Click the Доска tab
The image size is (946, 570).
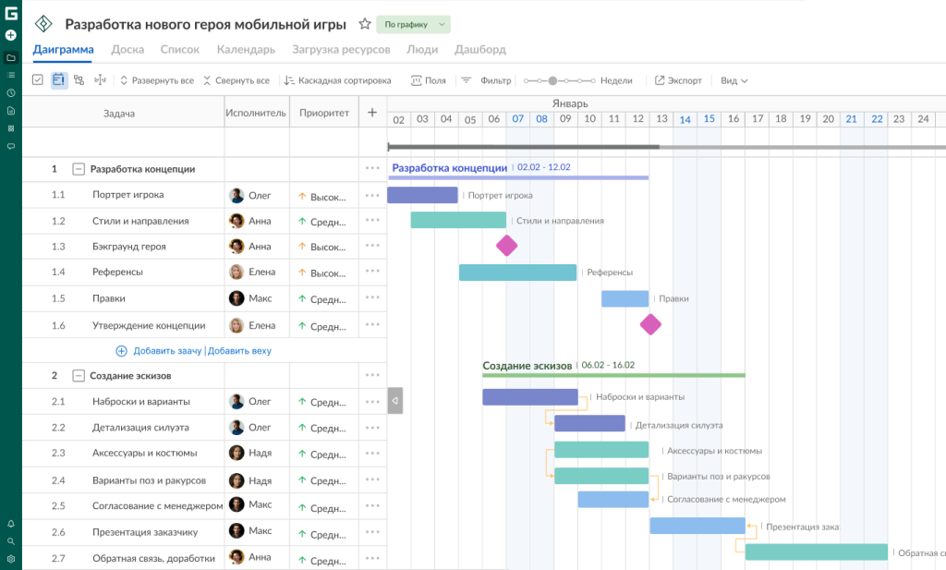pos(127,50)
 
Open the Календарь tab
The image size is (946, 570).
pos(246,50)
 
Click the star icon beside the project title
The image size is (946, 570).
pos(364,24)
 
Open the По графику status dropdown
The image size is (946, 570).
pos(413,24)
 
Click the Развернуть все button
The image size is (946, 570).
pos(157,80)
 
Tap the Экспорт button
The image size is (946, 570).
pos(678,80)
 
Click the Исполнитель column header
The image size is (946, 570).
pos(256,113)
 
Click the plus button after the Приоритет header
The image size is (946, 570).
pos(372,112)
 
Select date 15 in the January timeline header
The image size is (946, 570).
pos(709,119)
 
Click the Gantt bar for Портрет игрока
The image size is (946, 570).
pos(422,195)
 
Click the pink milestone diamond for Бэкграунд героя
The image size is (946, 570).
pos(507,246)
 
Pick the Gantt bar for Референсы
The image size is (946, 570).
pos(517,273)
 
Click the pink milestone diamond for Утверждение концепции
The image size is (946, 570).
pos(650,324)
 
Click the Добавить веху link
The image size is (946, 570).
pos(239,351)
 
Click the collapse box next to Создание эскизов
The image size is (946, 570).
pos(79,376)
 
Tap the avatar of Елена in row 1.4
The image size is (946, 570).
pos(236,272)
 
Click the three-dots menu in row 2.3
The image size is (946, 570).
pos(372,454)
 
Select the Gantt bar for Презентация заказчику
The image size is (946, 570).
pos(697,526)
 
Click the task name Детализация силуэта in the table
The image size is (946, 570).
pos(140,428)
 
